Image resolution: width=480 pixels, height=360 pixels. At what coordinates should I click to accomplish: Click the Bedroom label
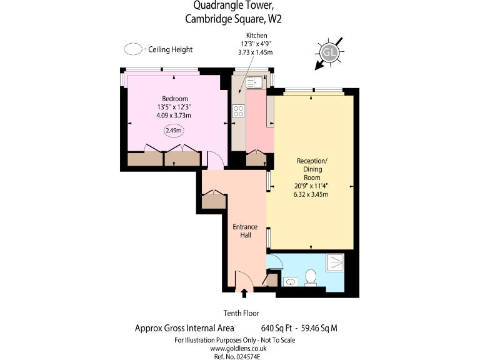(x=174, y=99)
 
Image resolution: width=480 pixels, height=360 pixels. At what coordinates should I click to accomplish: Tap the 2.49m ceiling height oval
(x=174, y=131)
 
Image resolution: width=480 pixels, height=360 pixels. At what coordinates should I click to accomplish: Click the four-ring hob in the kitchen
(x=239, y=111)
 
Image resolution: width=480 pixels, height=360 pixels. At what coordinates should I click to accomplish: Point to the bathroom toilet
(x=311, y=277)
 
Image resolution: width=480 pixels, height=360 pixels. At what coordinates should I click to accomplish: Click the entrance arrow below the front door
(x=244, y=292)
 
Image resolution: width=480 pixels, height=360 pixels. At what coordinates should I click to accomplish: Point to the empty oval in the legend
(x=133, y=49)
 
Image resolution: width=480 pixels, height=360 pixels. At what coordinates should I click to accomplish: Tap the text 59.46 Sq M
(x=319, y=327)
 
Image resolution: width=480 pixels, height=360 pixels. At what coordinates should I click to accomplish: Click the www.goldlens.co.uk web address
(x=234, y=348)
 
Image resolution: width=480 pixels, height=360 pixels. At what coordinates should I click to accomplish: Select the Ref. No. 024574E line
(x=234, y=356)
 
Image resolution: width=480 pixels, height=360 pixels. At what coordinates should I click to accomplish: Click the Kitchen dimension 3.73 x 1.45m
(x=257, y=53)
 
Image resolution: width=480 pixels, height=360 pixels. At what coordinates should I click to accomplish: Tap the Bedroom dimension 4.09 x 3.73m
(x=174, y=115)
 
